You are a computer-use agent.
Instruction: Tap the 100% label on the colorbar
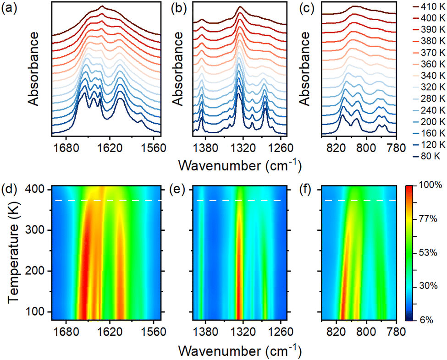coord(429,186)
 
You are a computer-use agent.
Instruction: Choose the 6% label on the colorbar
coord(425,320)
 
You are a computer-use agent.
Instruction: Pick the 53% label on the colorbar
coord(427,253)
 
